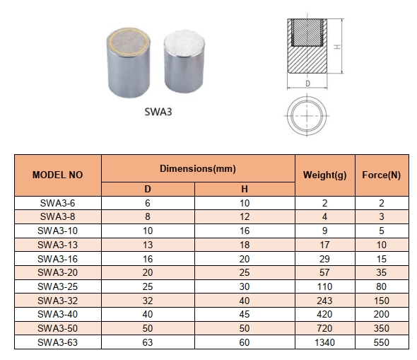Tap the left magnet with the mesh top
[x=129, y=65]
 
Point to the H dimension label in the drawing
[x=338, y=47]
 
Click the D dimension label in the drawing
[x=307, y=83]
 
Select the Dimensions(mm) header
[x=197, y=169]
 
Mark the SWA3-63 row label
[x=58, y=342]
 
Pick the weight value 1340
[x=324, y=342]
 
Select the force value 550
[x=381, y=342]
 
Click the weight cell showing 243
[x=324, y=300]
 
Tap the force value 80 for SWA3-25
[x=381, y=286]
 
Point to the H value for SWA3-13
[x=245, y=244]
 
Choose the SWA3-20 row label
[x=58, y=272]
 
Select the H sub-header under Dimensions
[x=245, y=189]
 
